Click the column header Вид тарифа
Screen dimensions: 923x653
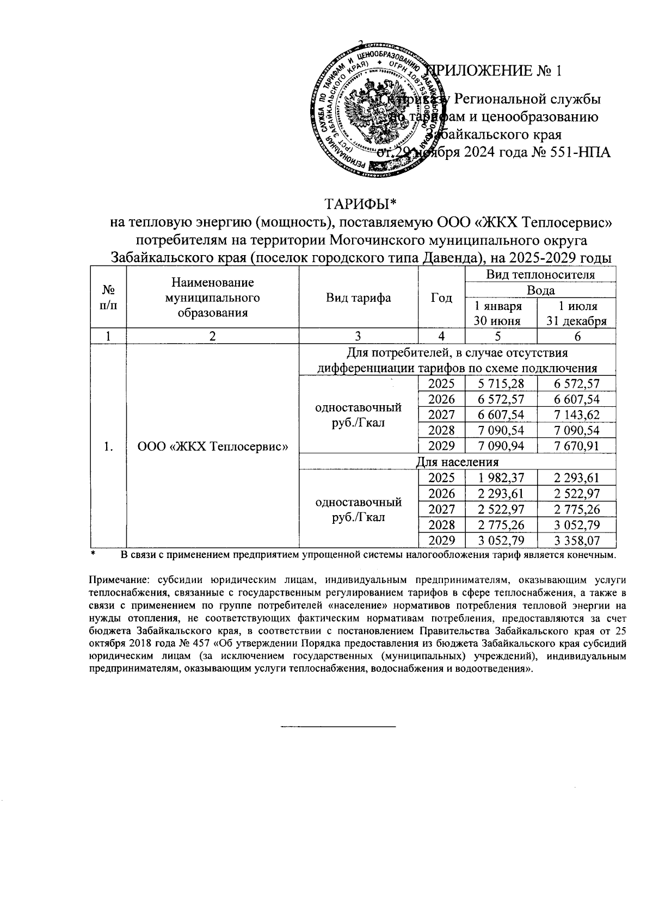point(358,298)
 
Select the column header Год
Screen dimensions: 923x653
point(441,298)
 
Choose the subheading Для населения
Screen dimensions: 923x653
point(457,462)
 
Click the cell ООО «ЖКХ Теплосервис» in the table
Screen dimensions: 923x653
point(212,447)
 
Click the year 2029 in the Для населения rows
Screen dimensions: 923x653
point(441,541)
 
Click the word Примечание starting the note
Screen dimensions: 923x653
point(116,581)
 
